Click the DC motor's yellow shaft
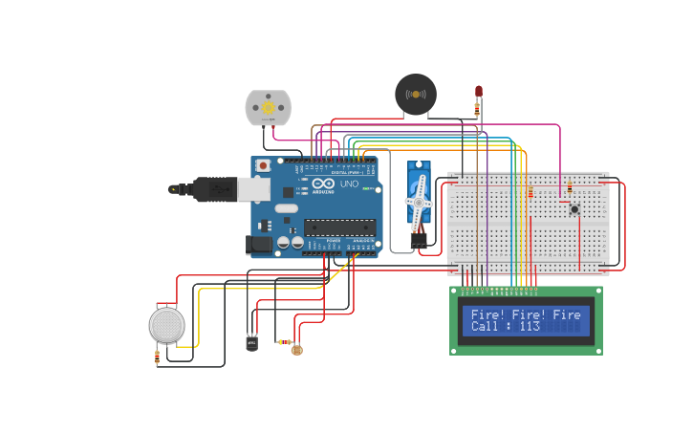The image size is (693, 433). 268,108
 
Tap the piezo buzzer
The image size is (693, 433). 416,94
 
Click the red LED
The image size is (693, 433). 479,92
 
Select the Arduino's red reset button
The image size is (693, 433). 262,165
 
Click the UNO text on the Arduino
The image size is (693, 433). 349,184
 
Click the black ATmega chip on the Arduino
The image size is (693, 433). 339,227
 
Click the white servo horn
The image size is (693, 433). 419,202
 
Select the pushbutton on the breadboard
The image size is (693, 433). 574,209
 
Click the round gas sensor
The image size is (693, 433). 166,325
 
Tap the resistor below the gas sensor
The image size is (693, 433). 157,357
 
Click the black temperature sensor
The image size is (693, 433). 251,341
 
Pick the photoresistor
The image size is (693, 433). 296,350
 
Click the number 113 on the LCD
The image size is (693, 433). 530,327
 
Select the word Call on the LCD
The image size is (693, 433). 485,327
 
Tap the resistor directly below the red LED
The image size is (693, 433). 477,111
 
